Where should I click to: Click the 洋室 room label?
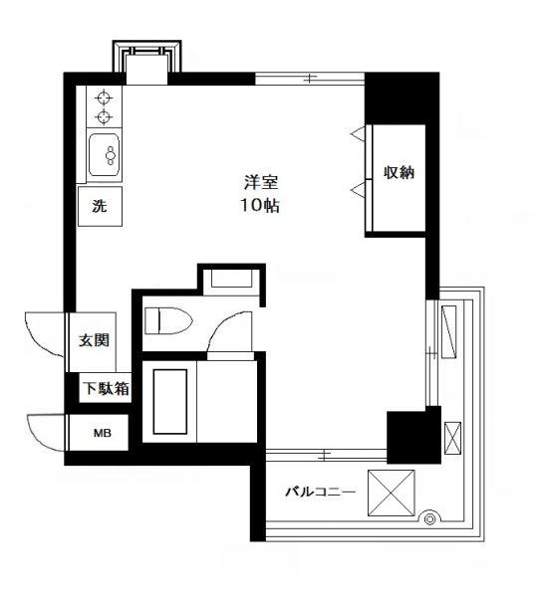click(261, 182)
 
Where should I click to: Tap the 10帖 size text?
click(260, 206)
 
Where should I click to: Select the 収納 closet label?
click(399, 172)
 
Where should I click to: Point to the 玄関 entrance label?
click(94, 340)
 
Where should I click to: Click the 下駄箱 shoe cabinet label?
click(107, 388)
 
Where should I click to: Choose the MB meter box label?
click(103, 433)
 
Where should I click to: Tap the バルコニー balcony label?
click(320, 492)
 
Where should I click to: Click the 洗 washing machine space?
click(100, 206)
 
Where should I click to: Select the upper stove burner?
click(104, 98)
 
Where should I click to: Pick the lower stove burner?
click(104, 116)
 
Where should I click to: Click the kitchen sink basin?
click(104, 154)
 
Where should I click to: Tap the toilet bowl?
click(169, 320)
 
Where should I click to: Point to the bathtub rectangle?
click(170, 401)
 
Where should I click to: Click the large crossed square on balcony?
click(392, 493)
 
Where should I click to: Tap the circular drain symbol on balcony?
click(429, 519)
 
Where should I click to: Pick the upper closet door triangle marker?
click(358, 133)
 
